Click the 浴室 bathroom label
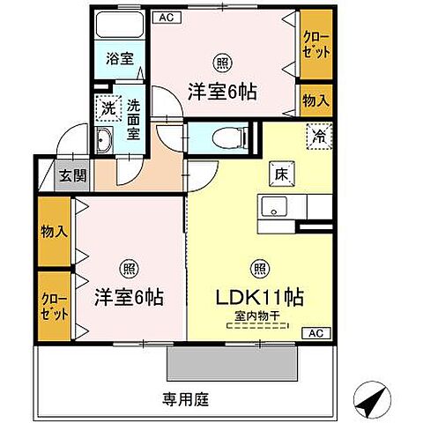tap(121, 60)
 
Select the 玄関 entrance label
tap(72, 174)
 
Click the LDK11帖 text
tap(261, 297)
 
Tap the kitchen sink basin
tap(274, 208)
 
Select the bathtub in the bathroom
tap(120, 26)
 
